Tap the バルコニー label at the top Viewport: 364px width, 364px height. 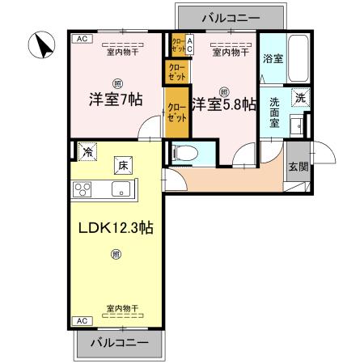tap(232, 15)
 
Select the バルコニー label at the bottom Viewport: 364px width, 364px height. tap(120, 343)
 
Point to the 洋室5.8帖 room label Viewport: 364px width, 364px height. tap(224, 104)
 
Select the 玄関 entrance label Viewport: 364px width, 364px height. tap(298, 167)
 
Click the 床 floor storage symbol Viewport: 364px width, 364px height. tap(124, 165)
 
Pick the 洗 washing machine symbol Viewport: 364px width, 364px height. tap(299, 98)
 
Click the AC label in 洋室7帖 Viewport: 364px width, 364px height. tap(81, 38)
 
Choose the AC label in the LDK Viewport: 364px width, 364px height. tap(81, 320)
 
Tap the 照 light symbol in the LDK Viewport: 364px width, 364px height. tap(116, 255)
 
